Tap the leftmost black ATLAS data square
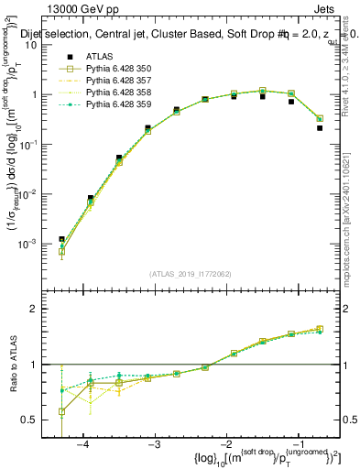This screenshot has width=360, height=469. click(62, 239)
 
